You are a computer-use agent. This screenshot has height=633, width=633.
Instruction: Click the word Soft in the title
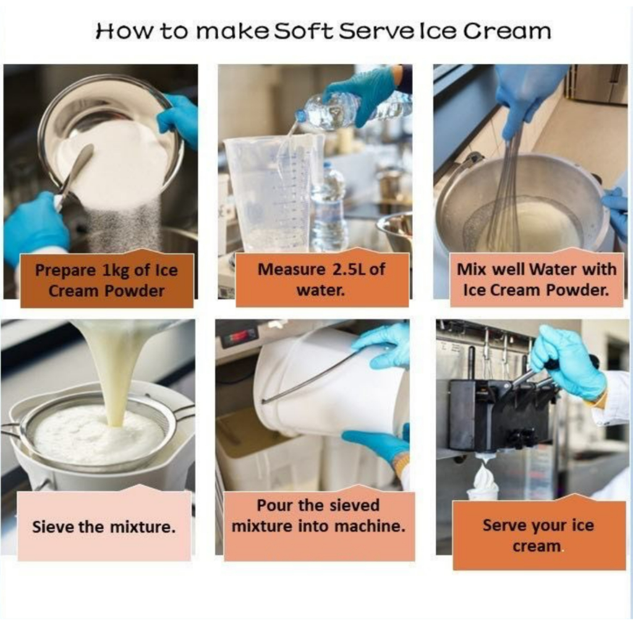[x=304, y=31]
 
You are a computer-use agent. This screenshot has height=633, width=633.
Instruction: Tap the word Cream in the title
[x=507, y=31]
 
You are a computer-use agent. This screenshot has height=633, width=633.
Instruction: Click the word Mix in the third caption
[x=469, y=270]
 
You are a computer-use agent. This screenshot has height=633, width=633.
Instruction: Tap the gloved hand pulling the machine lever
[x=567, y=363]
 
